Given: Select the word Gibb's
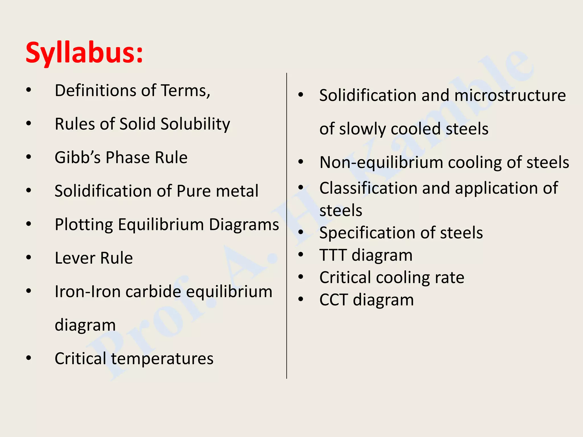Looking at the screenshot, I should (77, 157).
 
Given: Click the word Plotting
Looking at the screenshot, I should (84, 225).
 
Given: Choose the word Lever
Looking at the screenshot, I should (75, 258).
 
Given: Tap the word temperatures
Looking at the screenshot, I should (162, 358).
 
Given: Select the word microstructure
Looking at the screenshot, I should (510, 95).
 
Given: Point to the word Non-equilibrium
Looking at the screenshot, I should (381, 162).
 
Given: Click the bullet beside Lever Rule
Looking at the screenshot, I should (28, 257).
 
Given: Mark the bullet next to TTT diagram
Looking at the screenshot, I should (301, 254).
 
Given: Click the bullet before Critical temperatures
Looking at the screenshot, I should (28, 358).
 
